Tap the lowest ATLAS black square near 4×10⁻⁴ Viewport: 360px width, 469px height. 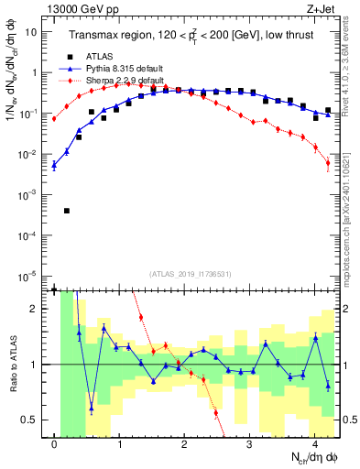[67, 211]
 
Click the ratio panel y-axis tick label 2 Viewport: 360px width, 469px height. [37, 309]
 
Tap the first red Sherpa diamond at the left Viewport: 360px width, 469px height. [54, 119]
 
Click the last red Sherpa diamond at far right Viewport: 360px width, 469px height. [328, 164]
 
